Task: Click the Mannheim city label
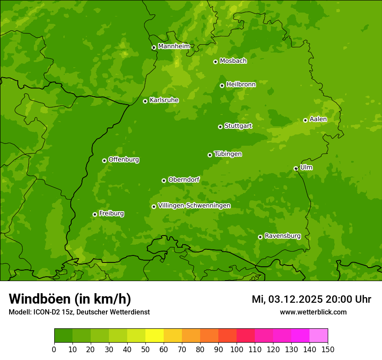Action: click(x=174, y=46)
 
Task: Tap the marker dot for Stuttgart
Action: click(x=220, y=127)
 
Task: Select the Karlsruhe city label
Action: click(x=164, y=100)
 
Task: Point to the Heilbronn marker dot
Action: click(x=222, y=85)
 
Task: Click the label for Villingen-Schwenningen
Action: click(x=194, y=206)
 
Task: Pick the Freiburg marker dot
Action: click(x=95, y=214)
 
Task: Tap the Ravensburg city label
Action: click(x=282, y=236)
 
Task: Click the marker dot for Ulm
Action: click(x=296, y=168)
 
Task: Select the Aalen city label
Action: click(x=318, y=119)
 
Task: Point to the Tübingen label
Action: click(x=227, y=154)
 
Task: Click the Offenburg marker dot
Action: click(x=104, y=160)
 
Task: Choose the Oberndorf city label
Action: click(x=184, y=180)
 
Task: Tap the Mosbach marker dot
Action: click(x=215, y=62)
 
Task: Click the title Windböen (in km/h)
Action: click(x=70, y=299)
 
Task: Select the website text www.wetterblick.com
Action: click(x=313, y=312)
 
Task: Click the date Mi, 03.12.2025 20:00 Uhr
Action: click(x=311, y=299)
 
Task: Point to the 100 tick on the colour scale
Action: click(x=237, y=349)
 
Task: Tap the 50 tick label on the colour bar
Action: click(x=145, y=349)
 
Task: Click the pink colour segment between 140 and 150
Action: click(x=319, y=335)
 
